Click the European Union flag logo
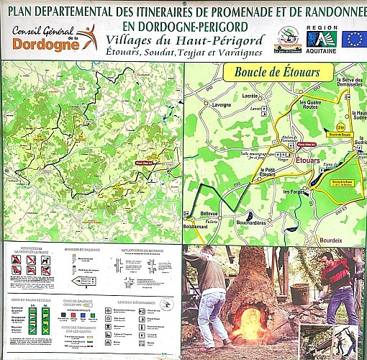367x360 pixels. tap(353, 39)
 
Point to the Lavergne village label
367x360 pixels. tap(222, 105)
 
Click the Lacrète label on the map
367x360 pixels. tap(251, 95)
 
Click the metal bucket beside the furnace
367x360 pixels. tap(300, 293)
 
